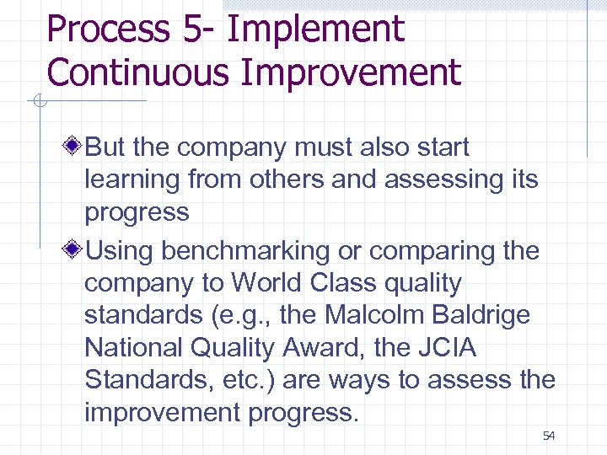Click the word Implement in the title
pyautogui.click(x=316, y=29)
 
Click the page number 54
pyautogui.click(x=549, y=436)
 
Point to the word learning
pyautogui.click(x=132, y=179)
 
